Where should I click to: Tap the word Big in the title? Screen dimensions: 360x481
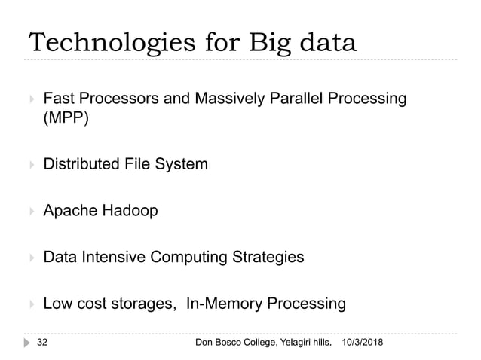click(264, 43)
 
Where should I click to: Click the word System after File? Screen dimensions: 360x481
click(183, 163)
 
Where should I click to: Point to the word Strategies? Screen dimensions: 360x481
click(267, 258)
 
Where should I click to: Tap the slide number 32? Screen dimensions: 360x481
click(46, 343)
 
